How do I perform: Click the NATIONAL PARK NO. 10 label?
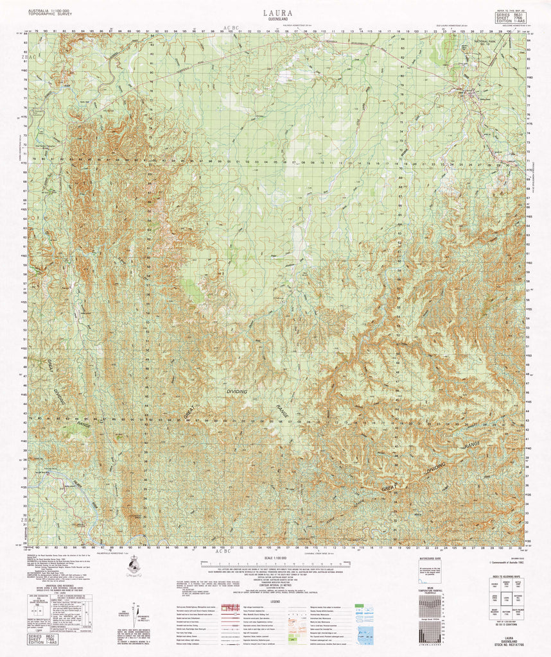[487, 43]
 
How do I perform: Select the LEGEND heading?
[274, 601]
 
